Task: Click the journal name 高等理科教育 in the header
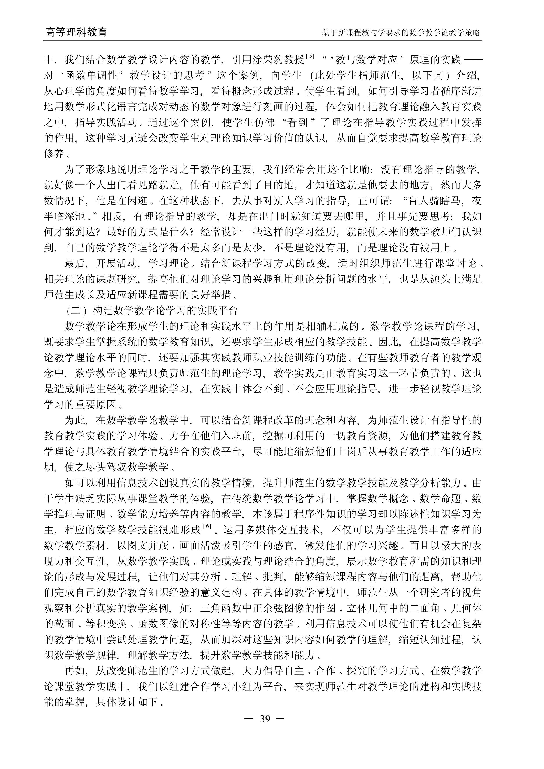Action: (x=76, y=32)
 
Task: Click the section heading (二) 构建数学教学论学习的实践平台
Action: (x=152, y=311)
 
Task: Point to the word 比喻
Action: (x=360, y=170)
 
